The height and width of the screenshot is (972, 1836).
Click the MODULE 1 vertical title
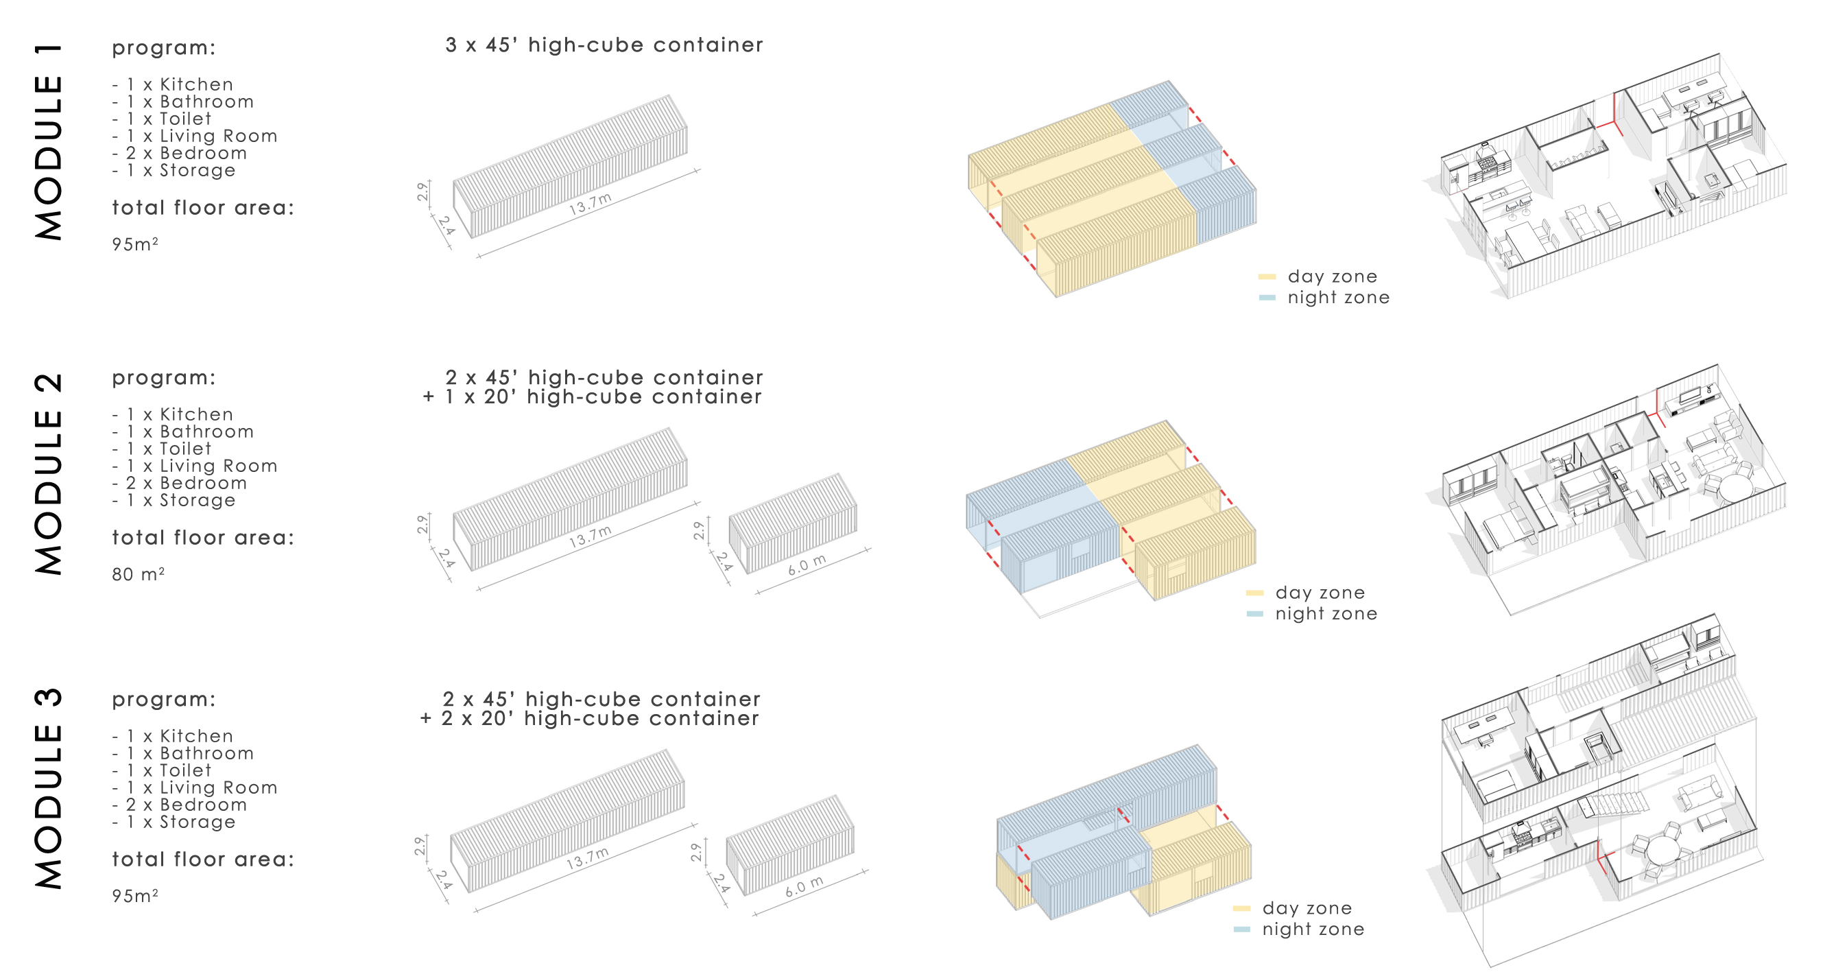click(49, 141)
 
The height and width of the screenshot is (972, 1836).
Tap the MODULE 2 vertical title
click(49, 473)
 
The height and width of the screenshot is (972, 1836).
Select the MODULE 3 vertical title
click(49, 789)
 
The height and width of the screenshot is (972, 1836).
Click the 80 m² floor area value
click(139, 574)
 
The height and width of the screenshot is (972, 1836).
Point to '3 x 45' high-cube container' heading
click(604, 45)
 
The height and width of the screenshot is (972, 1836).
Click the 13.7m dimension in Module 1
click(590, 204)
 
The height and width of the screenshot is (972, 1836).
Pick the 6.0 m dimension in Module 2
click(807, 565)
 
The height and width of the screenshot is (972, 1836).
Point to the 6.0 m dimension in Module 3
click(804, 886)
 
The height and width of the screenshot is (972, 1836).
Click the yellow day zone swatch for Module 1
click(1267, 276)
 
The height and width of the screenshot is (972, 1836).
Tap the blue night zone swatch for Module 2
click(1255, 613)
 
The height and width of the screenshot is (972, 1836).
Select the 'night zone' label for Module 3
click(1313, 929)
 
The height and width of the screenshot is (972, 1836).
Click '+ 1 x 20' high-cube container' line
click(592, 397)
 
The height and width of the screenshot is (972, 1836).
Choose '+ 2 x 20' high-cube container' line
click(589, 718)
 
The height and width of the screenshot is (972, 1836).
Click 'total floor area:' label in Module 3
click(203, 860)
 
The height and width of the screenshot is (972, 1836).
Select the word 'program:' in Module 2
click(164, 378)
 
